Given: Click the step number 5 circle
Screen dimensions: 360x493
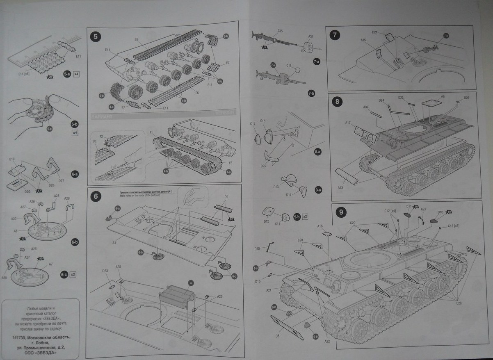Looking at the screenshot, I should (x=95, y=37).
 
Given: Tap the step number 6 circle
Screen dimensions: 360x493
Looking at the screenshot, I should (x=95, y=196).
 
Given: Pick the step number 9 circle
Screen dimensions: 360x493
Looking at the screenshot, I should (x=340, y=212).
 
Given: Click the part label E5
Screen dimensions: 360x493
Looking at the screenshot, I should (x=136, y=39).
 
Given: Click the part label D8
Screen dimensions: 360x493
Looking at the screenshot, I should (x=278, y=335).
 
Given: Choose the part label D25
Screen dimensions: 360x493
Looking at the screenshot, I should (x=263, y=166).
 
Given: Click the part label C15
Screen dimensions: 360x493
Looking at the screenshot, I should (x=280, y=31).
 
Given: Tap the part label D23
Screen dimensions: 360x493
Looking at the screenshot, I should (x=105, y=271).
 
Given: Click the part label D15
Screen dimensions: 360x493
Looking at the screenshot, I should (x=257, y=248).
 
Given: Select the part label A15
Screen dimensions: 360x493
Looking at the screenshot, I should (x=363, y=40).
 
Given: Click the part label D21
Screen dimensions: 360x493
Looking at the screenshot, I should (x=375, y=32).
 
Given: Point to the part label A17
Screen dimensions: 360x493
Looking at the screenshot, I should (x=348, y=123).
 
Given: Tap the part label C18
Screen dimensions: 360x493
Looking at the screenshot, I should (x=263, y=121).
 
